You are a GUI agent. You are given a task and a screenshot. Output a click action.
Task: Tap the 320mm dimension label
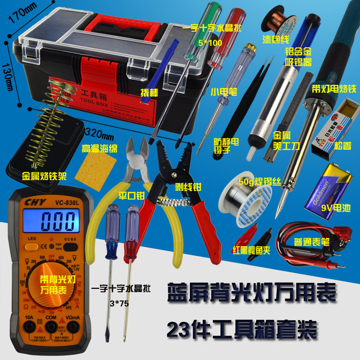[101, 133]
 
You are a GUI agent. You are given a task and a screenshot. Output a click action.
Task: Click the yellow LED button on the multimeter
[31, 246]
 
